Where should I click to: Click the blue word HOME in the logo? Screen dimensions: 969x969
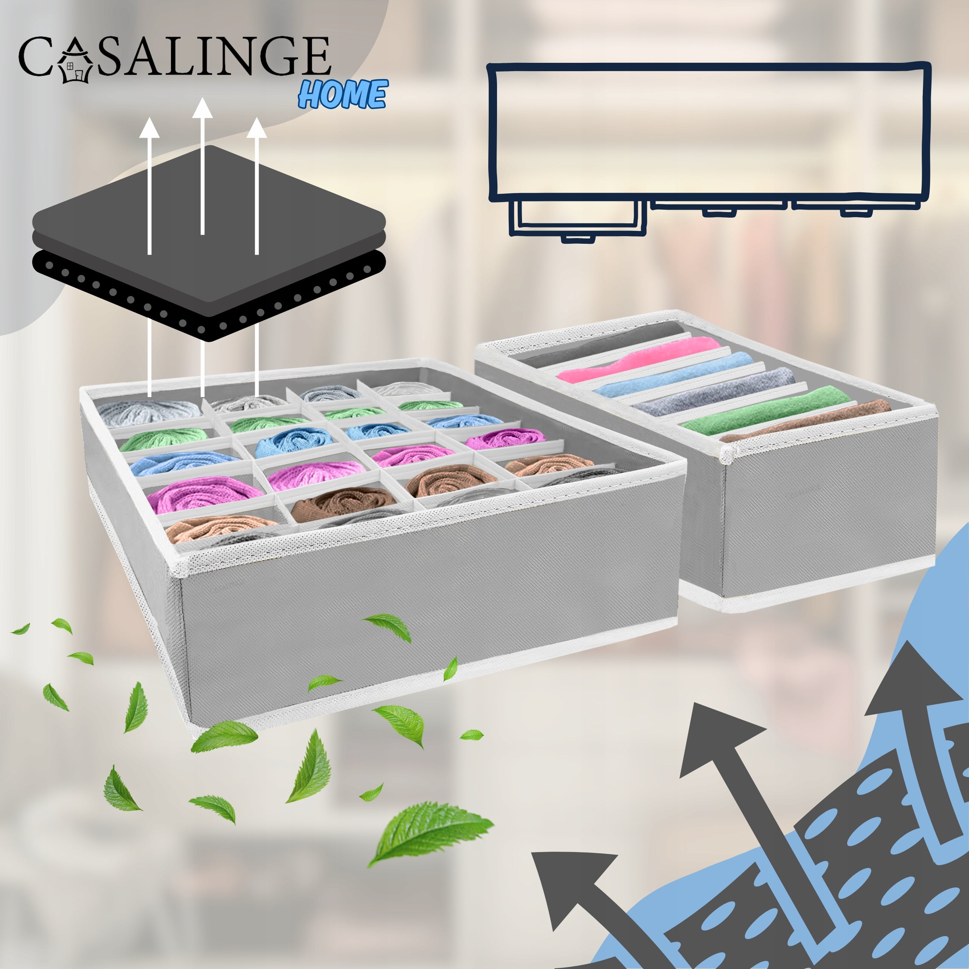[343, 94]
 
